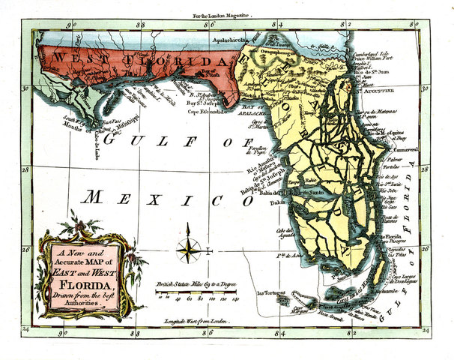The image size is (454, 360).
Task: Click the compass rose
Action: pos(190,250)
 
